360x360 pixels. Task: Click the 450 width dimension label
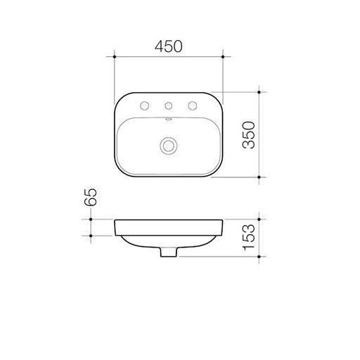pos(168,46)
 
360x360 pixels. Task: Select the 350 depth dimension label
pos(249,135)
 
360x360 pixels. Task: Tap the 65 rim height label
pos(91,197)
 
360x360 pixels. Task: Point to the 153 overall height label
pos(249,238)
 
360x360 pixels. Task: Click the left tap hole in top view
pos(144,105)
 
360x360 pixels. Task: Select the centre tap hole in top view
pos(168,106)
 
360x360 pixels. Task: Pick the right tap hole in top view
pos(193,105)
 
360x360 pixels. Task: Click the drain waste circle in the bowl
pos(168,146)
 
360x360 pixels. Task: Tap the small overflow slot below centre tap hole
pos(168,120)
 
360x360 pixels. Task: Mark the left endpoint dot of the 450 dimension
pos(115,57)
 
